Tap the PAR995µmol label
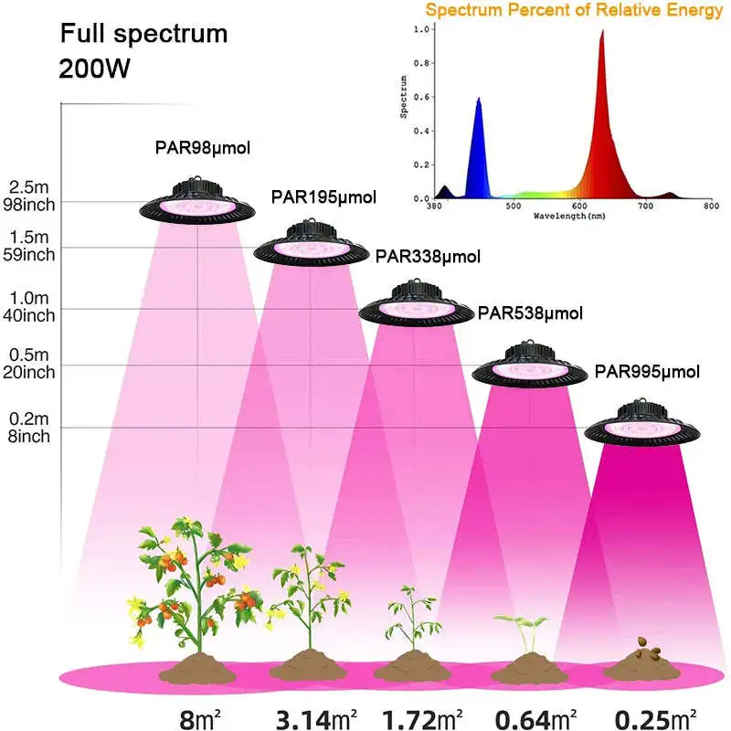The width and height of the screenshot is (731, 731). (647, 371)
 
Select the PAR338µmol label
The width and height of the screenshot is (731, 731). (428, 257)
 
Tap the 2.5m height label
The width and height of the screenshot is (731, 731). (29, 186)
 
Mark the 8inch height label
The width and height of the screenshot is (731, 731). (29, 436)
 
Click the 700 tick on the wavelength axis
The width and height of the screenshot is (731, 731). (646, 207)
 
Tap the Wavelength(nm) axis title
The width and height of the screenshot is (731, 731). (570, 217)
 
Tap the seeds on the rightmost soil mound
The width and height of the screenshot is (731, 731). (648, 652)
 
